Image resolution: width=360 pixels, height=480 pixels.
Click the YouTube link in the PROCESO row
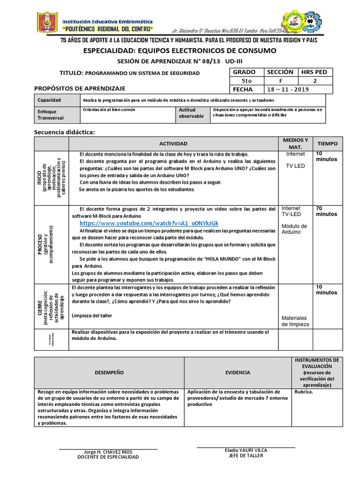(x=149, y=223)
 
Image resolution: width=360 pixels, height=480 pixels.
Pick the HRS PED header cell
(x=317, y=72)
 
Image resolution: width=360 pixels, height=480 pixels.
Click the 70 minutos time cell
(x=325, y=211)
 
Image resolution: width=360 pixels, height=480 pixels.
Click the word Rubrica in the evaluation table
(x=303, y=392)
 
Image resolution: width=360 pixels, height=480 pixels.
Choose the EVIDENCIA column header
(x=237, y=372)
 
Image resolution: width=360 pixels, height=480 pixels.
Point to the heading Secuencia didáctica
(x=65, y=132)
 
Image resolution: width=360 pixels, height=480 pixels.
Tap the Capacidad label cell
(x=50, y=99)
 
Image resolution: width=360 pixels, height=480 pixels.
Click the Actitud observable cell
(x=191, y=113)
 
